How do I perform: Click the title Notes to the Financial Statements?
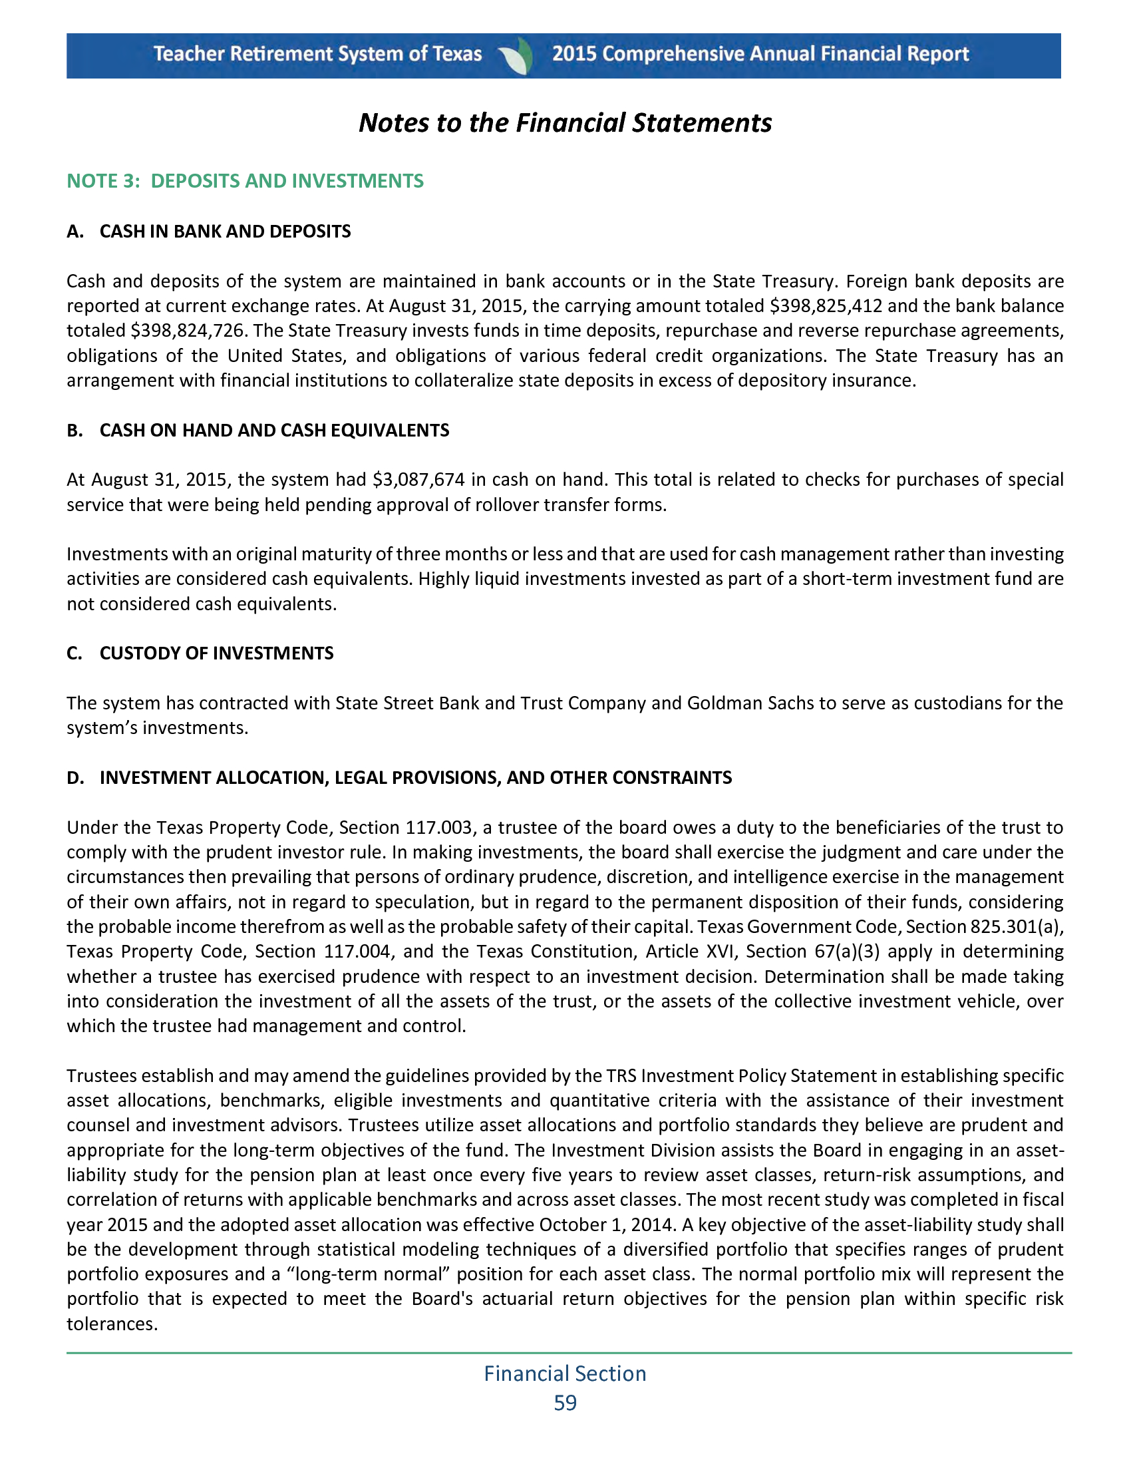[x=565, y=123]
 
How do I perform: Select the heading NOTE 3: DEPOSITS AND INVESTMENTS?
[x=245, y=181]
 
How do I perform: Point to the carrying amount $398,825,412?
[x=826, y=306]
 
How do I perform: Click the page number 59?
[x=565, y=1403]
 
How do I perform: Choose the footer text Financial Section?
[x=565, y=1373]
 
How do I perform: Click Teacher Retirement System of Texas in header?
[x=317, y=55]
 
